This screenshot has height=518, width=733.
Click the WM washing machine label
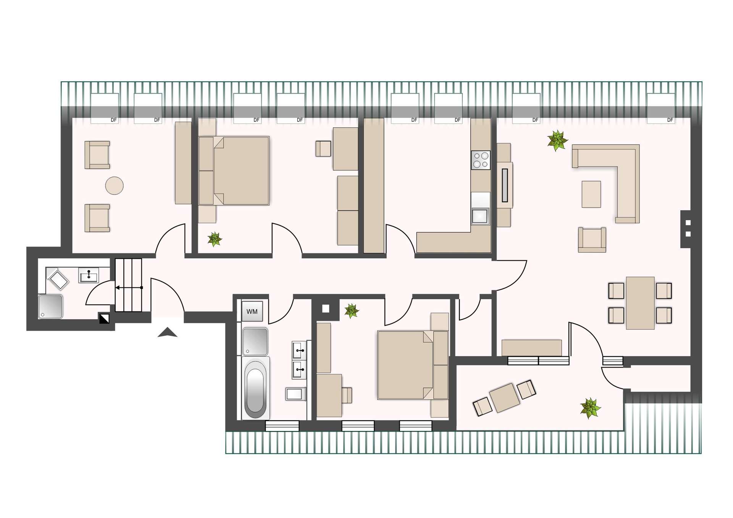[x=252, y=311]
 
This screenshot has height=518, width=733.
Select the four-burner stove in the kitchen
[x=481, y=160]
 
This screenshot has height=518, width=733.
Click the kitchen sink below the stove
[x=480, y=216]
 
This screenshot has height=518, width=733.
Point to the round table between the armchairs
[x=114, y=186]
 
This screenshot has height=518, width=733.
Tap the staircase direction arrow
[x=129, y=287]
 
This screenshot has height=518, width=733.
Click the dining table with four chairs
[x=640, y=303]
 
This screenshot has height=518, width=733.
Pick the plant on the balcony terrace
[x=590, y=408]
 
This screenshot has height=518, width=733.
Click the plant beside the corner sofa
[x=557, y=140]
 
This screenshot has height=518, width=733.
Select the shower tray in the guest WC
[x=50, y=307]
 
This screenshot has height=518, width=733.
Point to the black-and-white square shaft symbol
[x=104, y=319]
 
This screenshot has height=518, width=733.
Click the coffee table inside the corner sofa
[x=591, y=194]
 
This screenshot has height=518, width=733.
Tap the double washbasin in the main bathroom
[x=299, y=360]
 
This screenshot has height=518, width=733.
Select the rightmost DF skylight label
[x=670, y=120]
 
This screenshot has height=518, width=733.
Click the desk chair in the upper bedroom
[x=323, y=148]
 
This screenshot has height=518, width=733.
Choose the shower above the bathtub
[x=255, y=342]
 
